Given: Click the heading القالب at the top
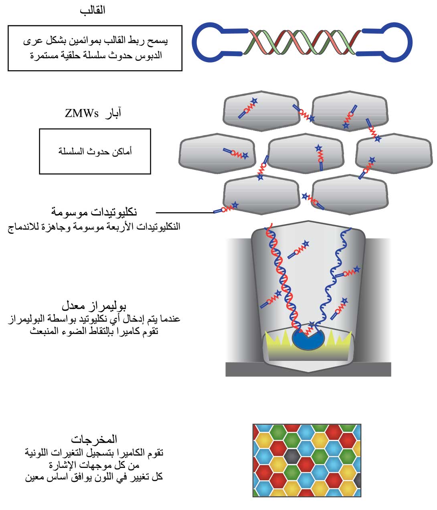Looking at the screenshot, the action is tap(93, 10).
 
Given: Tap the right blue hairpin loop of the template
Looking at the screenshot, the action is tap(409, 42).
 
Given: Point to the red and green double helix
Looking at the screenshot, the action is tap(302, 42).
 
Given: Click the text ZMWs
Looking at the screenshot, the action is tap(82, 113).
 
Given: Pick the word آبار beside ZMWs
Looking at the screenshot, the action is tap(113, 113).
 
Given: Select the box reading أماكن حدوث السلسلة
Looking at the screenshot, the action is tap(95, 151).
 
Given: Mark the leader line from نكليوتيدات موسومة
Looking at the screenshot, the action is tap(185, 212).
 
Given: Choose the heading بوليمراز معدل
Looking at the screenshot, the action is tap(94, 306).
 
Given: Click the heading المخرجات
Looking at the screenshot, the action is tap(94, 439).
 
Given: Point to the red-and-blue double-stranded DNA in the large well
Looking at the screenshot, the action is tap(284, 279).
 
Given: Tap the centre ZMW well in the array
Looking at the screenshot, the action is tap(305, 154).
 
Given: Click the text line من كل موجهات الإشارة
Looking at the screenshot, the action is tap(94, 465).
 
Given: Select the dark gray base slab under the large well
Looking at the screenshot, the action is tap(308, 369).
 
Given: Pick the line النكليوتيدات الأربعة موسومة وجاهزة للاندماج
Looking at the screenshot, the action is tap(94, 227).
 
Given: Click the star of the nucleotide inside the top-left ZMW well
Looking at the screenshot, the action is tap(254, 101).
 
